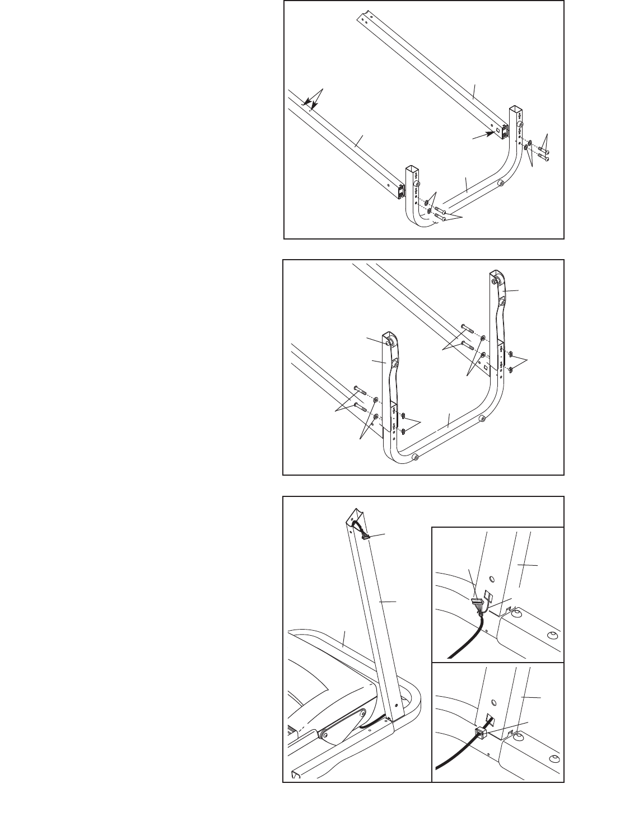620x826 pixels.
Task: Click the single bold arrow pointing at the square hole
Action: (482, 135)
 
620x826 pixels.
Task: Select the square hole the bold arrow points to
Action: (497, 130)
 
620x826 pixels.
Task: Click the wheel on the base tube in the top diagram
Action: (500, 183)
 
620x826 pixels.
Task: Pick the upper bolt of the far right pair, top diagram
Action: (543, 151)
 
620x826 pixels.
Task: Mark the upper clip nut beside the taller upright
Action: (511, 353)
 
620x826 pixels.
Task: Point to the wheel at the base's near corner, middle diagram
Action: (415, 457)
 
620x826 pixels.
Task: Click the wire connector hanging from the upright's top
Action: (365, 537)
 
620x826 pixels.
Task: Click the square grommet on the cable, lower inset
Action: (479, 735)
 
